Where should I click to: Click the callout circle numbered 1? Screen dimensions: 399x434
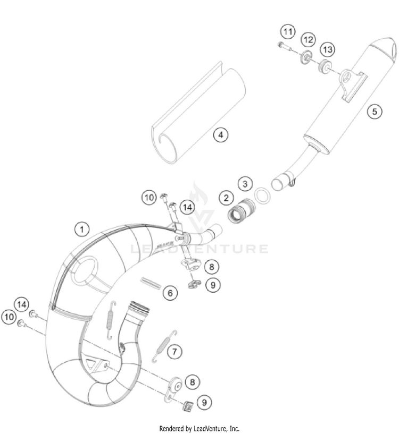click(x=81, y=229)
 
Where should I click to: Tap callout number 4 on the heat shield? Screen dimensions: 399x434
click(x=221, y=134)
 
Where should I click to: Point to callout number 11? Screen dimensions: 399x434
click(x=288, y=32)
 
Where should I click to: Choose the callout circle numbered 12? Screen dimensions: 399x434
click(x=307, y=40)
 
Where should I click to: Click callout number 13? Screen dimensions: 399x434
click(x=327, y=49)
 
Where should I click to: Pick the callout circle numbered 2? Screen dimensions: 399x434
click(x=227, y=198)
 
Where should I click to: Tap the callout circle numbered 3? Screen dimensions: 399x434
click(x=245, y=184)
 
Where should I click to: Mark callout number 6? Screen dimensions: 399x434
click(x=170, y=292)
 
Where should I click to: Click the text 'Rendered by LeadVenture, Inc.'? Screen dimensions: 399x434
click(x=199, y=428)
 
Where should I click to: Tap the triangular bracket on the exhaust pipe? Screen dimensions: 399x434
click(x=97, y=365)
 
